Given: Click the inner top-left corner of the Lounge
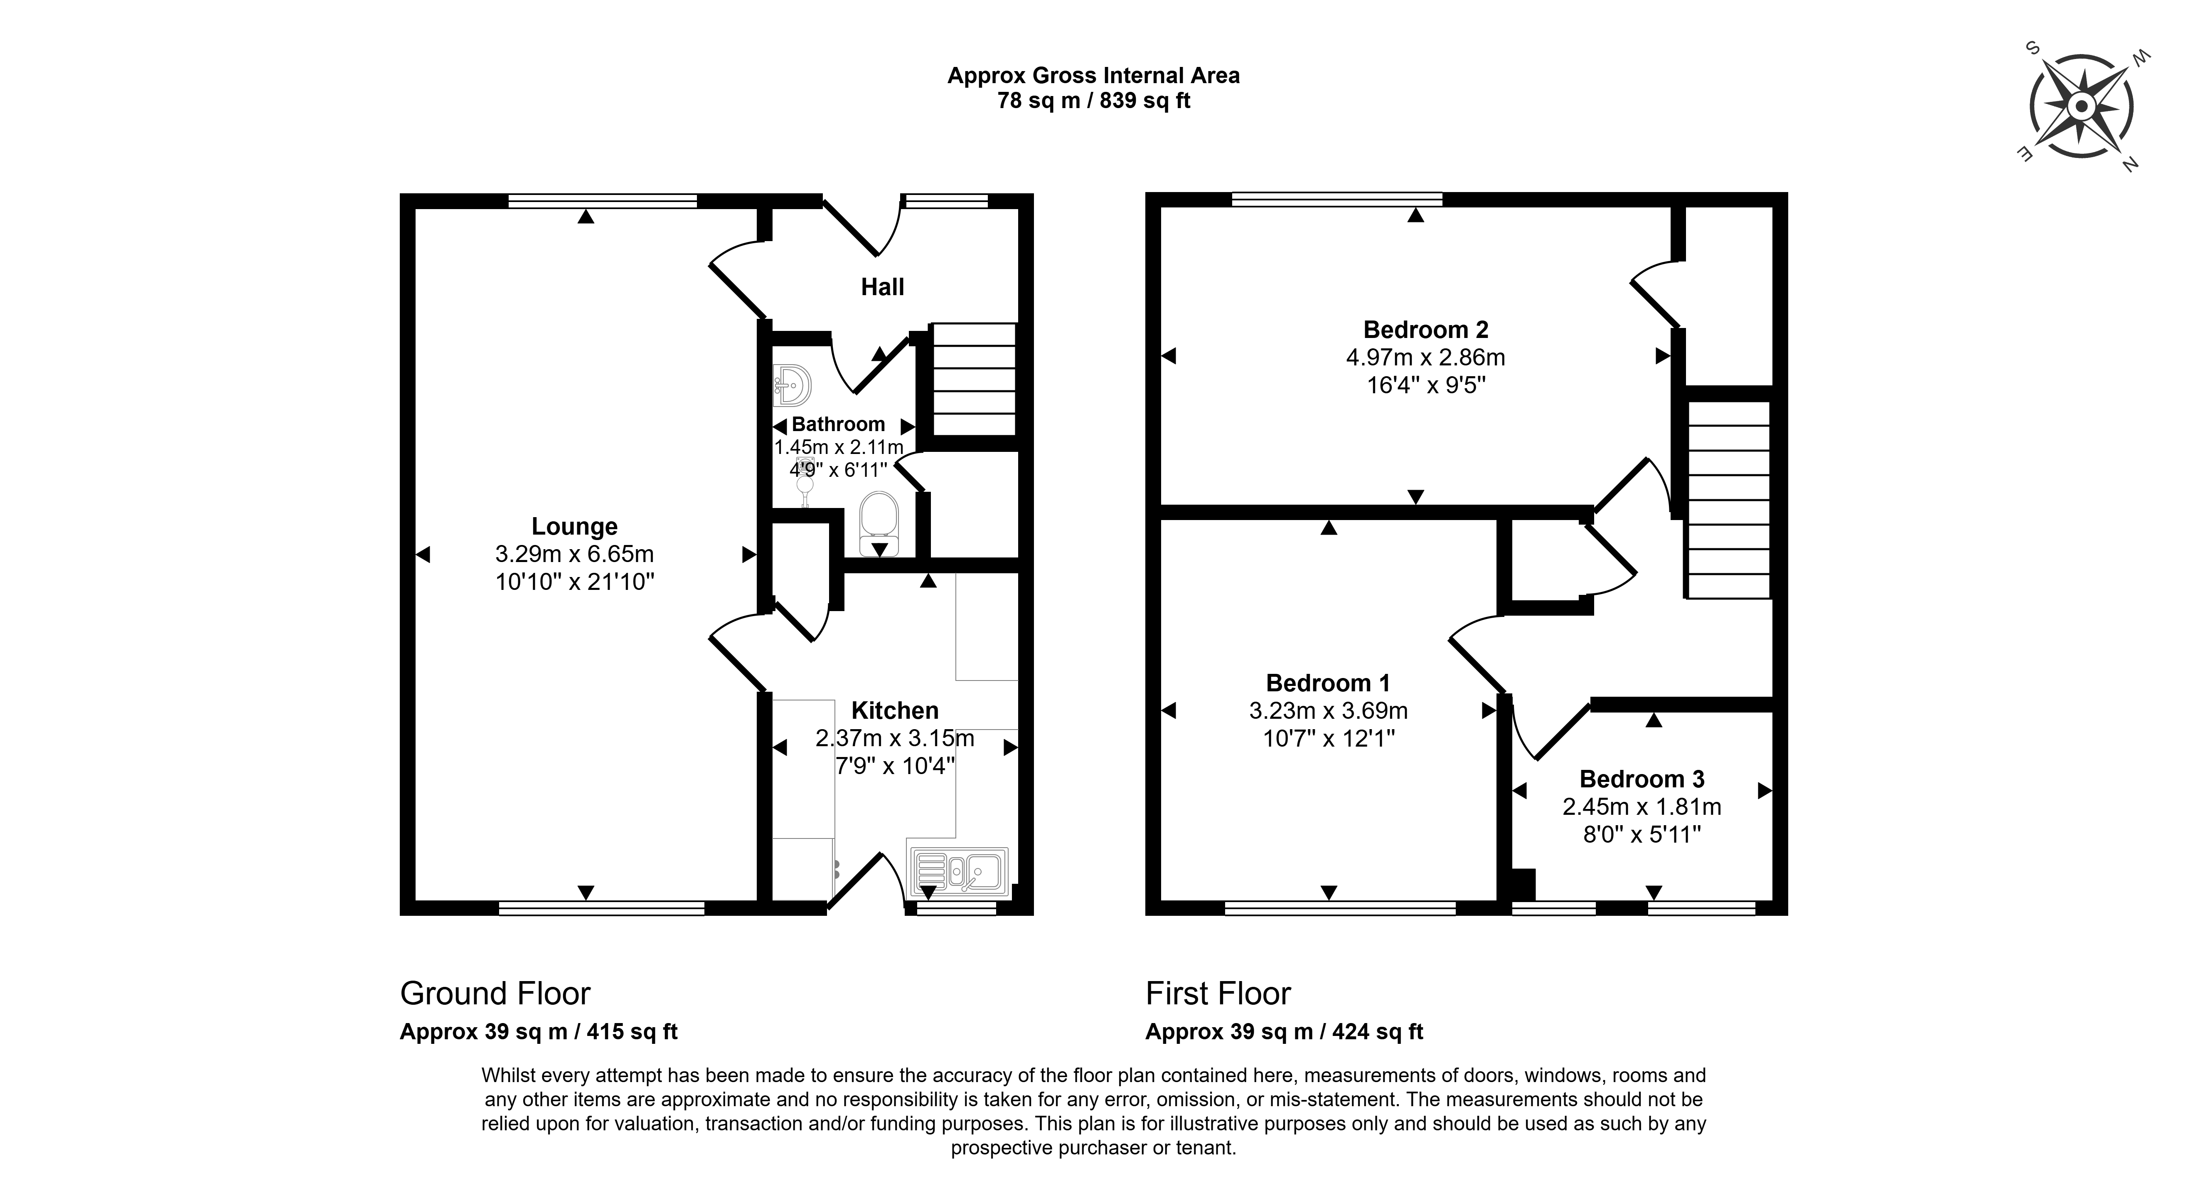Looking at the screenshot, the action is point(415,208).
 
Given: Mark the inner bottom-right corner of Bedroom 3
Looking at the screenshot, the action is point(1773,900).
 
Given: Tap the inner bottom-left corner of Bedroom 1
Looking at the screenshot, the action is point(1161,900).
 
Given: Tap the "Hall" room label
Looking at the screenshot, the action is point(883,287).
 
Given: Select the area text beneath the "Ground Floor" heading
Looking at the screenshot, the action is point(539,1031).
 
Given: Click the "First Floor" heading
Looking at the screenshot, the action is point(1218,993).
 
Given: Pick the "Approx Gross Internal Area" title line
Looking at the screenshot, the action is point(1093,76).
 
